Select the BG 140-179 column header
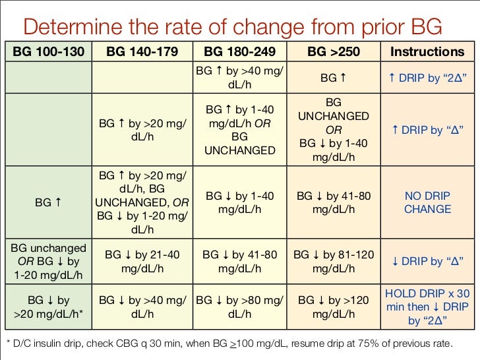pyautogui.click(x=141, y=51)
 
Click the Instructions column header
pyautogui.click(x=427, y=51)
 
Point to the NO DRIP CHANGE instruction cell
pyautogui.click(x=427, y=203)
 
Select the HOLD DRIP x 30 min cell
pyautogui.click(x=427, y=307)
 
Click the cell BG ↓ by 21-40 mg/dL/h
pyautogui.click(x=141, y=261)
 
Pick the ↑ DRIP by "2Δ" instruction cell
pyautogui.click(x=427, y=78)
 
